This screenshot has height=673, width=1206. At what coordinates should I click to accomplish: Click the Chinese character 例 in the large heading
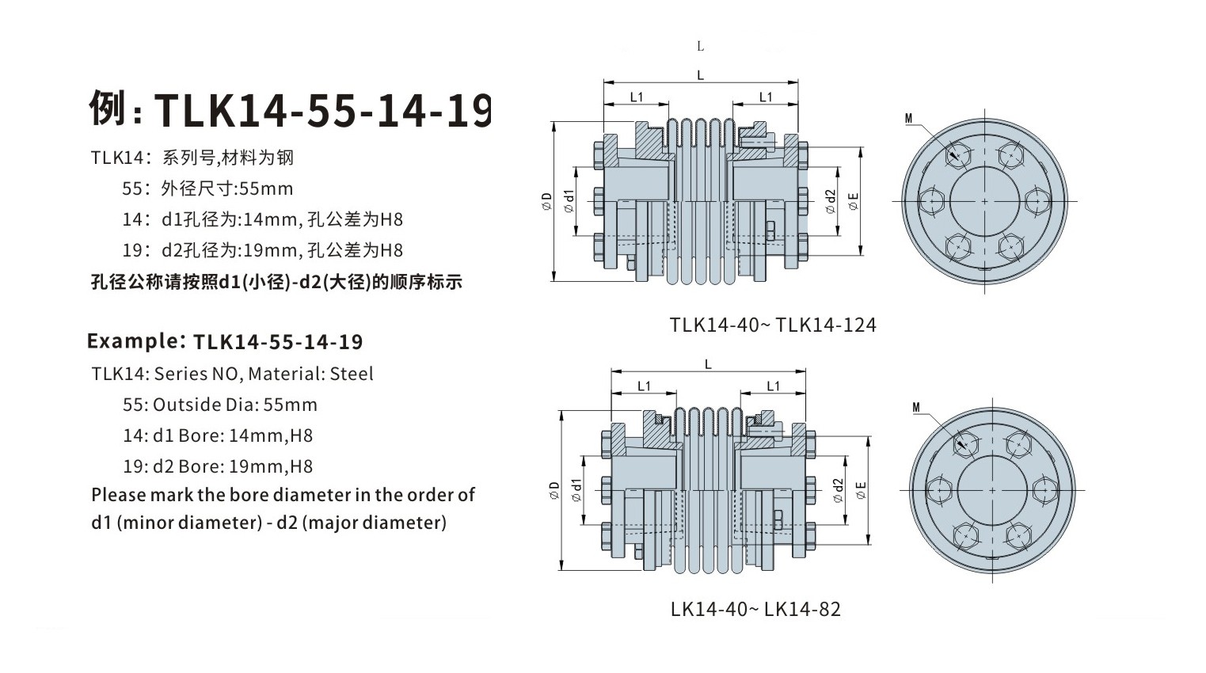pyautogui.click(x=108, y=108)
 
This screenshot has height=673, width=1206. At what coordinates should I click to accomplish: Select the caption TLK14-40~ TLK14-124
pyautogui.click(x=772, y=325)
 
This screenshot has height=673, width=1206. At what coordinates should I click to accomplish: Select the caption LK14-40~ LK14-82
pyautogui.click(x=755, y=610)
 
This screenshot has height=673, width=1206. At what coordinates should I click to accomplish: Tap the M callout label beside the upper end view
pyautogui.click(x=908, y=119)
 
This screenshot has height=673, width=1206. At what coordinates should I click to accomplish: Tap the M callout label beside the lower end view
pyautogui.click(x=916, y=408)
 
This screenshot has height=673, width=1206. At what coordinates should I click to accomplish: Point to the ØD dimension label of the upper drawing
pyautogui.click(x=546, y=201)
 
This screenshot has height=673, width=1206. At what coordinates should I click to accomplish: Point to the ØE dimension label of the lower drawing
pyautogui.click(x=861, y=490)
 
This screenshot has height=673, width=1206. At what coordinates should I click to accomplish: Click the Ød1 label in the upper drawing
pyautogui.click(x=568, y=201)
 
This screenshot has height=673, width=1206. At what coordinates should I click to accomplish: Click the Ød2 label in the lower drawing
pyautogui.click(x=838, y=490)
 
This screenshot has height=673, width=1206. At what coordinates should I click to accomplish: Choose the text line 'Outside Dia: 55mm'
pyautogui.click(x=234, y=405)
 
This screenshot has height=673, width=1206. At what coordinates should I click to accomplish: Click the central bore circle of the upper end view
pyautogui.click(x=984, y=201)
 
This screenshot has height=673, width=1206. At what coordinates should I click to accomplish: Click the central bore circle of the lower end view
pyautogui.click(x=992, y=490)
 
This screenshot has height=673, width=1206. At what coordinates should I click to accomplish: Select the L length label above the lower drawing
pyautogui.click(x=708, y=364)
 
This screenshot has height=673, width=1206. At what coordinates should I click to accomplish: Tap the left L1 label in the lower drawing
pyautogui.click(x=644, y=386)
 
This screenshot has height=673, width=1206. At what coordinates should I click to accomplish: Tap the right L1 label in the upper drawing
pyautogui.click(x=765, y=97)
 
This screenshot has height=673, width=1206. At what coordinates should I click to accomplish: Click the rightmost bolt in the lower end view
pyautogui.click(x=1044, y=490)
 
